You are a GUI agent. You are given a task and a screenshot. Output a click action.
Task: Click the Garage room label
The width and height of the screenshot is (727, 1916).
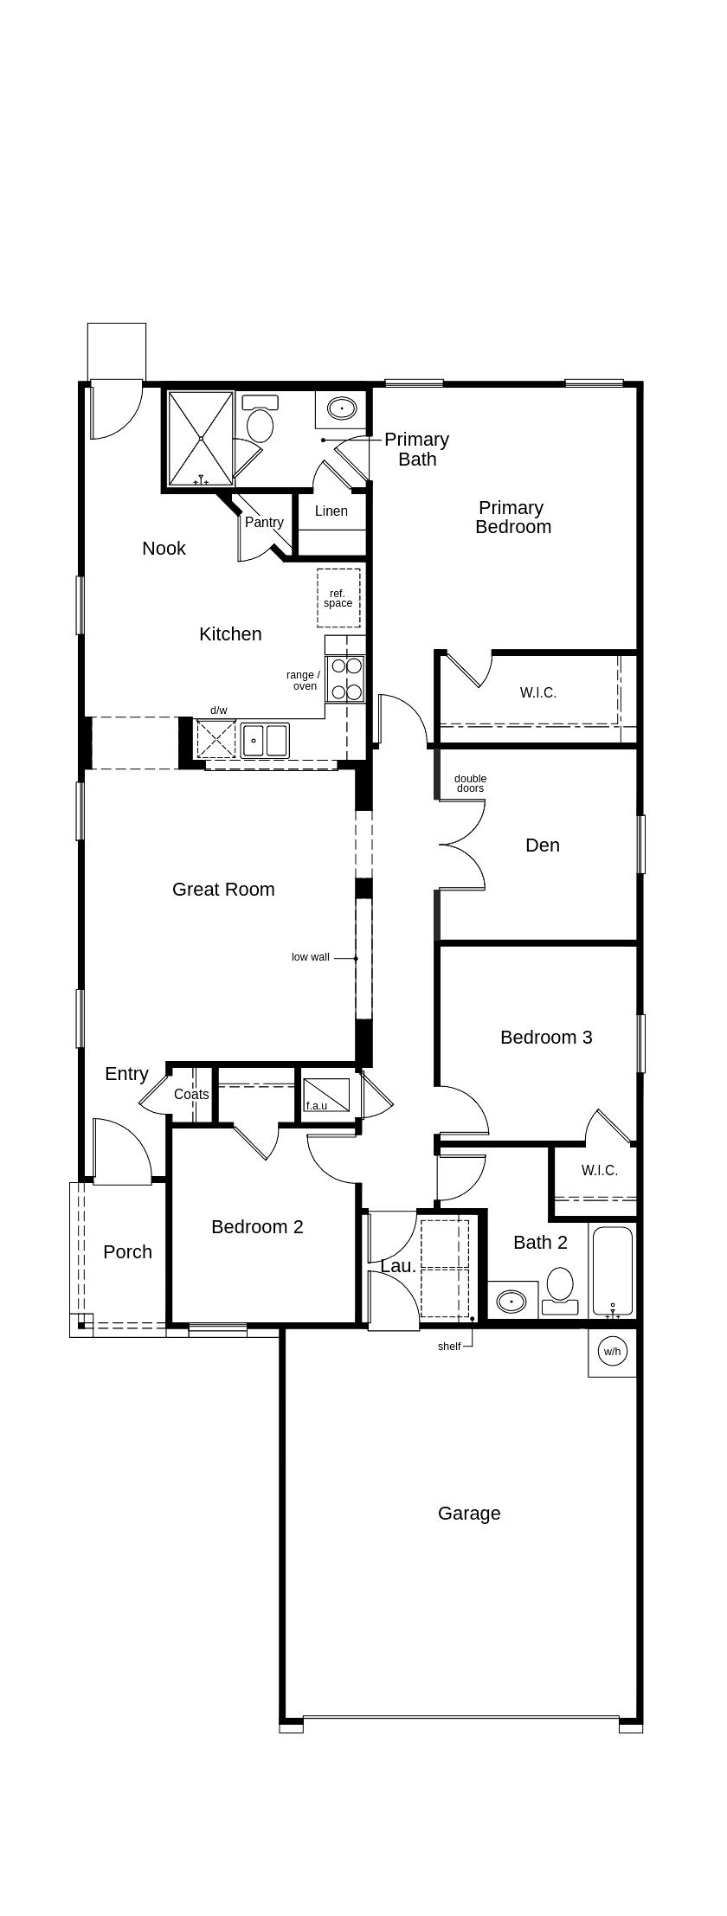pos(469,1514)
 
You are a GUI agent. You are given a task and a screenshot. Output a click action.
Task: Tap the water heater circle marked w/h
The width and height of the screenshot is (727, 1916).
pos(612,1351)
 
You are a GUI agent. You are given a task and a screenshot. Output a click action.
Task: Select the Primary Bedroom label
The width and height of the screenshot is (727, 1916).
pos(512,518)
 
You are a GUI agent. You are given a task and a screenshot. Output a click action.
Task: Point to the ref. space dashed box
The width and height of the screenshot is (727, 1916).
pos(338,598)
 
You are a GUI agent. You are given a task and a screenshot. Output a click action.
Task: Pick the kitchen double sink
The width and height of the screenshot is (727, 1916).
pos(265,741)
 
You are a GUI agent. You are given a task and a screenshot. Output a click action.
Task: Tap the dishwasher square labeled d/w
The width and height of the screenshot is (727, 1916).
pos(216,739)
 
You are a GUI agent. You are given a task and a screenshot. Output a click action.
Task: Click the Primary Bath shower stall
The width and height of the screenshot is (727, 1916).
pos(201,439)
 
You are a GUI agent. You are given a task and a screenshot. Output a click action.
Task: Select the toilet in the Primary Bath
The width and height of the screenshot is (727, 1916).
pos(260,420)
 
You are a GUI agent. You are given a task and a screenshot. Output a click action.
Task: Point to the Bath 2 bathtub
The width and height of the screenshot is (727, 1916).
pos(613,1270)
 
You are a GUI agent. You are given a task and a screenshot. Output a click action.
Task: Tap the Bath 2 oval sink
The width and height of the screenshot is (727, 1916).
pos(511,1301)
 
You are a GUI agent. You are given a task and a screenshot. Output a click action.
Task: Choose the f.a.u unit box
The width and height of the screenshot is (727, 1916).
pos(327,1096)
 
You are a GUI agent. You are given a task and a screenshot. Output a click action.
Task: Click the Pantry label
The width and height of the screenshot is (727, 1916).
pos(264,523)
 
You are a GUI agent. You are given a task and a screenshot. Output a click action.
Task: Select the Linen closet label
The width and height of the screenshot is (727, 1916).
pos(331,511)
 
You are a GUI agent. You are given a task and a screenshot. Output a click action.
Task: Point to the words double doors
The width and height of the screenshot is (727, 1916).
pos(470,783)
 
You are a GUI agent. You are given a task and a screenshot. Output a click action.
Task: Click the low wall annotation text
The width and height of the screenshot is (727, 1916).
pos(311,957)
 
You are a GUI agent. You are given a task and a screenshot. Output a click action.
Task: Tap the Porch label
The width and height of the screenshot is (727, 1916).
pos(127,1252)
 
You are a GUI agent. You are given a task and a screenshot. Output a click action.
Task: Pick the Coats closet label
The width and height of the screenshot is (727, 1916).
pos(191,1095)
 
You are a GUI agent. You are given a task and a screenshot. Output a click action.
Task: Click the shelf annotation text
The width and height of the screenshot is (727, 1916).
pos(449,1347)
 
